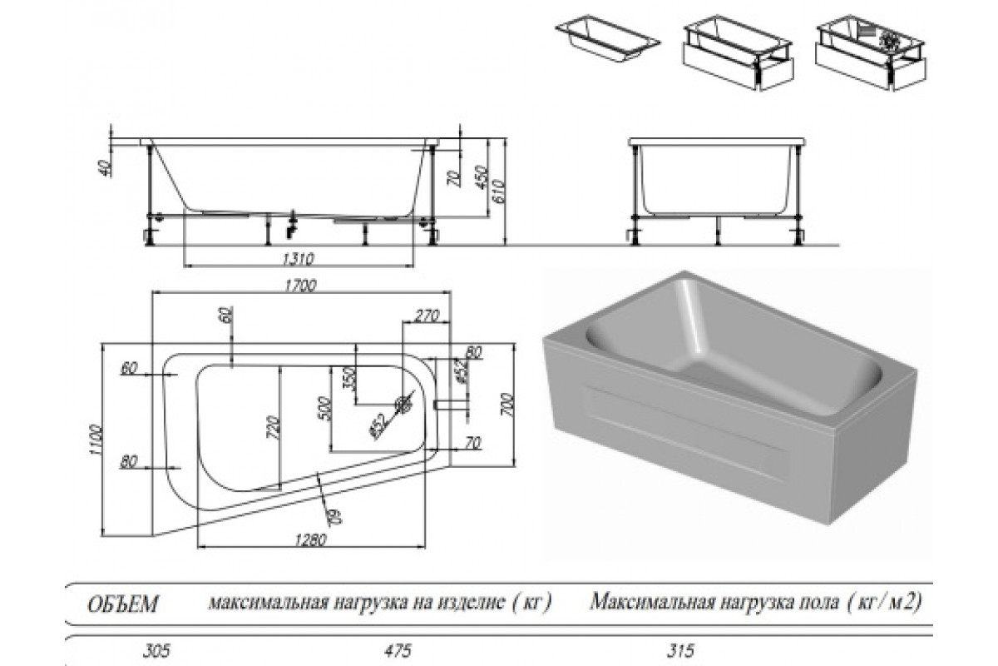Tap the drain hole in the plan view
[x=405, y=405]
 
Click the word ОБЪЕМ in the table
[x=121, y=603]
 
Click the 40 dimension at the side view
[x=103, y=166]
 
